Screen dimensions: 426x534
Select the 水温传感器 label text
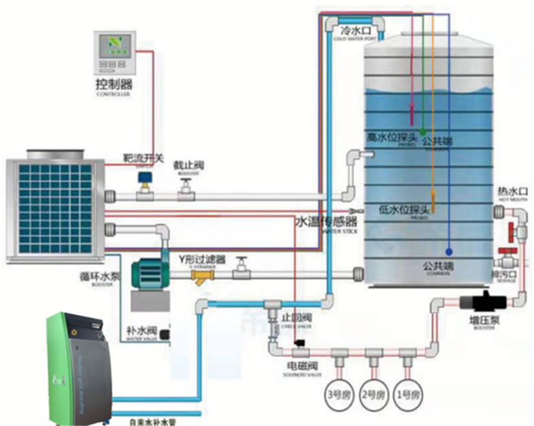pyautogui.click(x=324, y=221)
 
